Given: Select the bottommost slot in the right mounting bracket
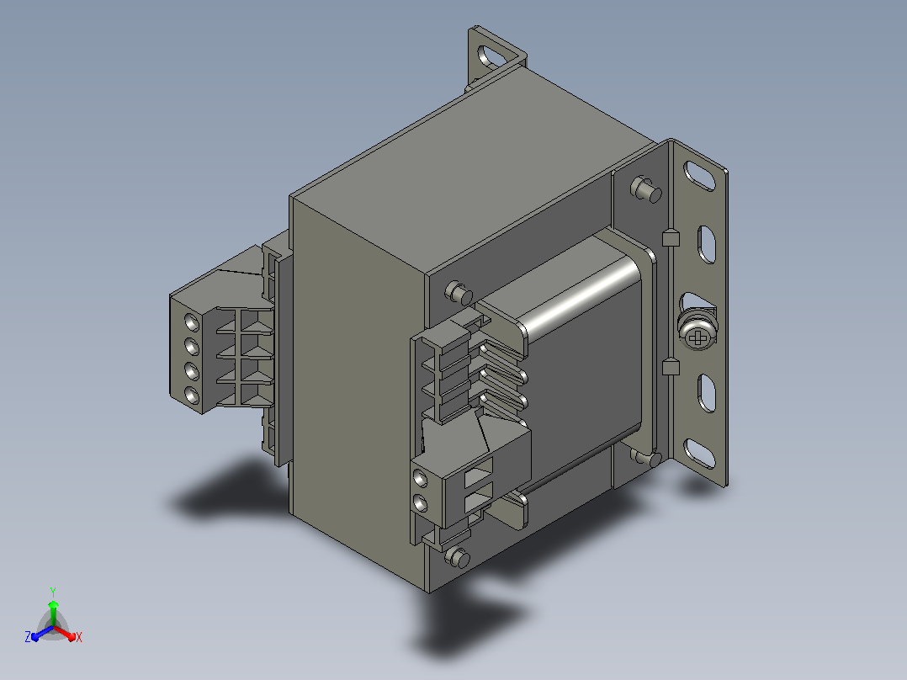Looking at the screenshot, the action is click(699, 453).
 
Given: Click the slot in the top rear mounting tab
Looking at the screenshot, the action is click(491, 58).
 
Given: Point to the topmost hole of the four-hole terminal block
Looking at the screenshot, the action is click(192, 322).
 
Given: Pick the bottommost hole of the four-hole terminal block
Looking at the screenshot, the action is click(192, 396).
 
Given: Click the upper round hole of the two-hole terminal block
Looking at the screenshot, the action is click(421, 479).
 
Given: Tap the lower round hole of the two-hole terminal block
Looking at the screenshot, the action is click(421, 503).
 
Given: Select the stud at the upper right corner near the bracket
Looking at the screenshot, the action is click(646, 189).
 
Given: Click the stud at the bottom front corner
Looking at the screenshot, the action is click(458, 557).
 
